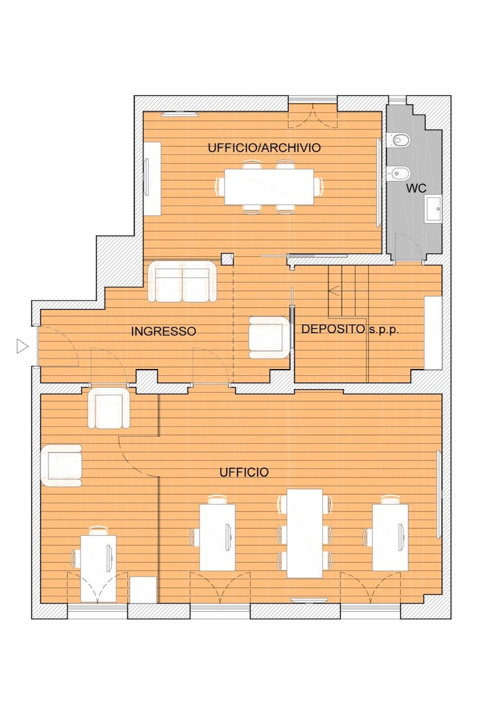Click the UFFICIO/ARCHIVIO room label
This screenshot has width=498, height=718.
(x=264, y=148)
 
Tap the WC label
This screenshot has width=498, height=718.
(x=416, y=188)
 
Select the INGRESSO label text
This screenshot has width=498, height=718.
(x=163, y=331)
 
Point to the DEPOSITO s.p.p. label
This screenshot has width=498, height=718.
(x=350, y=329)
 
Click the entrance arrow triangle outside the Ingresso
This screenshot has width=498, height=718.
(x=22, y=346)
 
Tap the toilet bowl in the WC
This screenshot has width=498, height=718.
(x=399, y=140)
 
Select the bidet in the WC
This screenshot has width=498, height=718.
(x=399, y=173)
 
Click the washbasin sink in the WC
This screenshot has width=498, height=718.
(x=433, y=209)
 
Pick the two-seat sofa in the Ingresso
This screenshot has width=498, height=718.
(x=182, y=282)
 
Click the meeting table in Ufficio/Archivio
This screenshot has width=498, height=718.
(x=269, y=187)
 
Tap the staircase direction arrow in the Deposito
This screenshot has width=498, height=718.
(x=335, y=291)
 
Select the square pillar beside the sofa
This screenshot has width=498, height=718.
(x=227, y=259)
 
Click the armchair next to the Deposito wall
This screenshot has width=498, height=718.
(x=269, y=337)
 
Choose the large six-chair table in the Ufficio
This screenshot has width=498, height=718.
(x=304, y=533)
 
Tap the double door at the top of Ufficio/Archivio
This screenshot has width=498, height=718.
(x=313, y=116)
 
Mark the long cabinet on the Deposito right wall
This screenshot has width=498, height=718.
(x=433, y=333)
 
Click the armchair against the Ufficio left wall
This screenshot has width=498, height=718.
(x=61, y=466)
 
